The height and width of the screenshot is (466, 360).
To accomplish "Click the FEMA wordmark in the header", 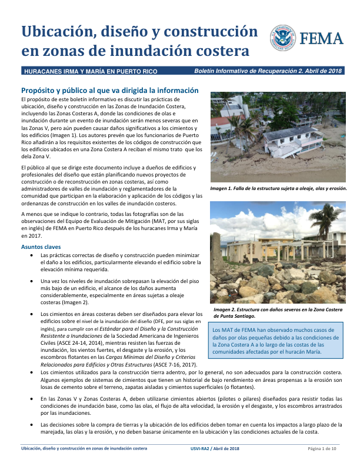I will tap(322, 39).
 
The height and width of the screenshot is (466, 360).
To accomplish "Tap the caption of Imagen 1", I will tap(278, 189).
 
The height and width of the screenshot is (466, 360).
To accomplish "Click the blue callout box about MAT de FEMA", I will tap(277, 342).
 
